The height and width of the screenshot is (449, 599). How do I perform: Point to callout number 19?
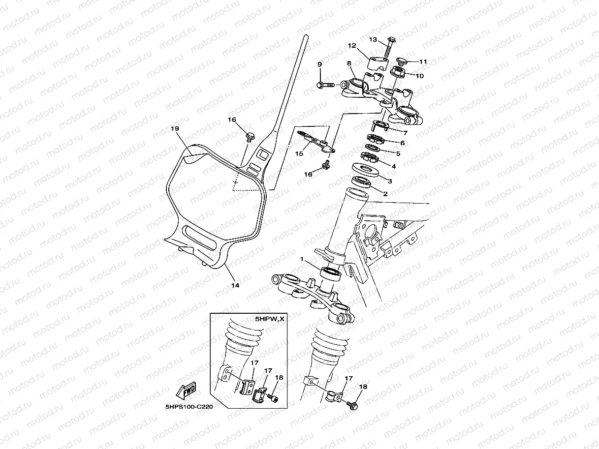coord(174,128)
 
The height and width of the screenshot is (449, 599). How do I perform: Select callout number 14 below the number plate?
coord(235,285)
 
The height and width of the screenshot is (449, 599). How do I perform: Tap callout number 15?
coord(299,153)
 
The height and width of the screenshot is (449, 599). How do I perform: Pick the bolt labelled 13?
coord(387,47)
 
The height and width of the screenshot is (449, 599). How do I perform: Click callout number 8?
coord(349,63)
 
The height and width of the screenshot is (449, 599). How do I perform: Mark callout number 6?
coord(402,143)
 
